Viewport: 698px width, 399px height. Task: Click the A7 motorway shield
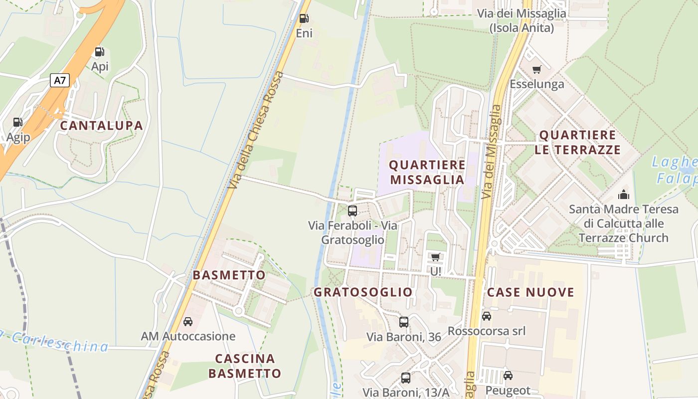[x=59, y=80]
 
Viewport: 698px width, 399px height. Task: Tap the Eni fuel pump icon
[x=304, y=19]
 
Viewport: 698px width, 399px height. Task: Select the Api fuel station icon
[x=99, y=52]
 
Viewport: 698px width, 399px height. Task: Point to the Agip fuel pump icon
[x=17, y=122]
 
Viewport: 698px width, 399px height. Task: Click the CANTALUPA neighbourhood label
[x=102, y=126]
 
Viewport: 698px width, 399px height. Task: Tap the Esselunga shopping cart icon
[x=536, y=69]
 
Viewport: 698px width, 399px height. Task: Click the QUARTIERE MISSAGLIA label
[x=427, y=172]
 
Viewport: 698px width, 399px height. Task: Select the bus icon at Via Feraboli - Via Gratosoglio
[x=352, y=210]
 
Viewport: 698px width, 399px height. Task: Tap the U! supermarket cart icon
[x=436, y=257]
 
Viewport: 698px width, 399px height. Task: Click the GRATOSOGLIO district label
[x=363, y=292]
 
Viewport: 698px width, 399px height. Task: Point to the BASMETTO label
[x=229, y=275]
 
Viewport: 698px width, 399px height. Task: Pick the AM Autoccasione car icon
[x=188, y=322]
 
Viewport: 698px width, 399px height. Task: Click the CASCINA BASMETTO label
[x=245, y=366]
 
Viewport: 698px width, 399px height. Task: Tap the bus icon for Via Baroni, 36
[x=404, y=322]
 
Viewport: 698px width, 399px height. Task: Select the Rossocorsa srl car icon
[x=487, y=316]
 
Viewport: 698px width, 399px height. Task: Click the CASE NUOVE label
[x=530, y=292]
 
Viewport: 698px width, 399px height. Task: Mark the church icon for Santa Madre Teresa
[x=624, y=195]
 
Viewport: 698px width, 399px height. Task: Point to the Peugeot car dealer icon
[x=508, y=376]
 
